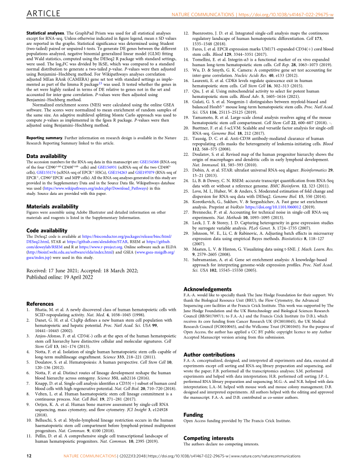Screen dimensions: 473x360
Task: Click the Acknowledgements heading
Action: (x=209, y=289)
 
